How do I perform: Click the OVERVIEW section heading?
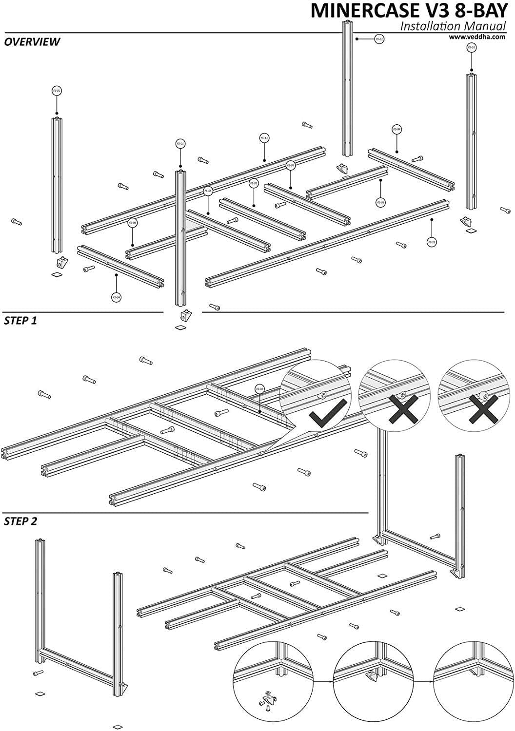point(32,42)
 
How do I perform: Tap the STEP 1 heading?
point(20,321)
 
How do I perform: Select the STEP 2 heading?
point(20,521)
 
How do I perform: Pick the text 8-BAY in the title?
point(483,11)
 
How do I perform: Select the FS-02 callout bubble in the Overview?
point(253,184)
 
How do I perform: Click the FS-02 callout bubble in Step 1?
point(259,389)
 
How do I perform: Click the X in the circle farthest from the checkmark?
point(483,407)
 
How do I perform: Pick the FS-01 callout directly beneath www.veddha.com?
point(471,48)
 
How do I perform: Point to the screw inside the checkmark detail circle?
point(322,396)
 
